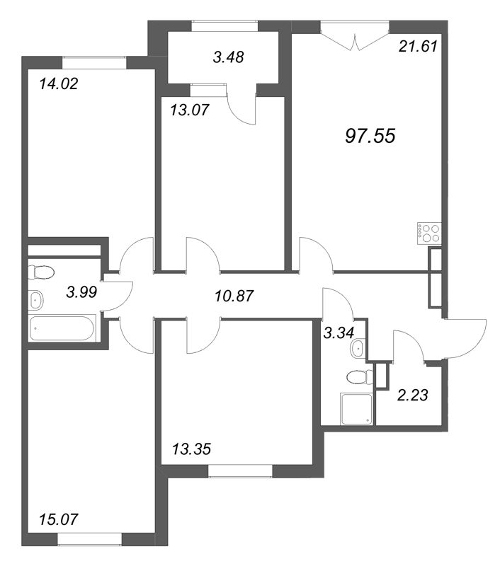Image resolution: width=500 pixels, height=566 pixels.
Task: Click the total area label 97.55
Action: tap(370, 136)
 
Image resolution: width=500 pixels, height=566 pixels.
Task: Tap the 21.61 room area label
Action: tap(418, 47)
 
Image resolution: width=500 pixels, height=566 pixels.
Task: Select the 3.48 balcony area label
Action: tap(228, 57)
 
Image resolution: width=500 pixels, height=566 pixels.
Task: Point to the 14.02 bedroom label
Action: tap(59, 84)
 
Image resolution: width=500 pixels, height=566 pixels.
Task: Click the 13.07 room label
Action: tap(190, 110)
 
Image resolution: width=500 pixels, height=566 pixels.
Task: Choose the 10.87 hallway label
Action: tap(234, 296)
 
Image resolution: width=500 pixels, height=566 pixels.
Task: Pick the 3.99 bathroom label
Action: tap(81, 291)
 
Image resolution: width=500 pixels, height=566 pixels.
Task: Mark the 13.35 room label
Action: tap(191, 450)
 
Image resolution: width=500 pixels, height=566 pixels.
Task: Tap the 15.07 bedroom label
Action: tap(59, 520)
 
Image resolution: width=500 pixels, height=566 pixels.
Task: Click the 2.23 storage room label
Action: tap(412, 395)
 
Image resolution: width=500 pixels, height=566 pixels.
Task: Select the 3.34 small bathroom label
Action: tap(339, 333)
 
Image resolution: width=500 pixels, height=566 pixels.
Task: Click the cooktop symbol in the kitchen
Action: tap(429, 233)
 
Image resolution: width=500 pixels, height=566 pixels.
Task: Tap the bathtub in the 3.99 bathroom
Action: tap(62, 328)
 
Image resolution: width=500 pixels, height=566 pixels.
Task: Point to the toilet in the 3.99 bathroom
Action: tap(41, 272)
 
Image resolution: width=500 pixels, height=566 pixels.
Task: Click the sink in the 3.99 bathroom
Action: tap(36, 299)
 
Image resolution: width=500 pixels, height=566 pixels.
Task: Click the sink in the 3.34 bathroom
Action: tap(358, 349)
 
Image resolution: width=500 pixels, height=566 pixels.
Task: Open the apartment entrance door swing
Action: tap(467, 339)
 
